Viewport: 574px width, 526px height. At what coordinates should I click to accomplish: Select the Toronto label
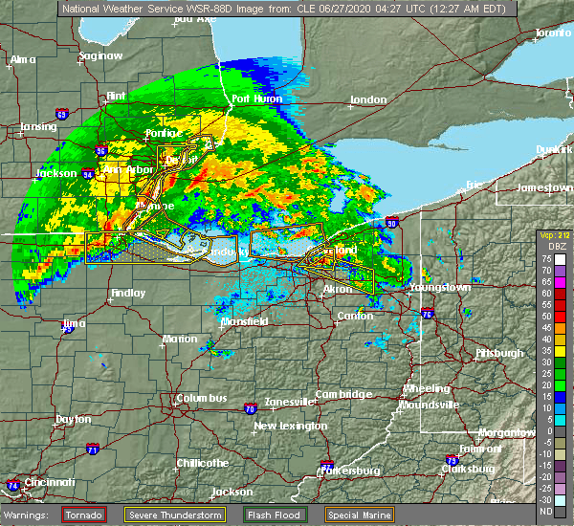tap(552, 33)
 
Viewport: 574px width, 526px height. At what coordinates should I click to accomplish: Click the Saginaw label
tap(100, 55)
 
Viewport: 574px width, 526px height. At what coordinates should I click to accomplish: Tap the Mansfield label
tap(244, 322)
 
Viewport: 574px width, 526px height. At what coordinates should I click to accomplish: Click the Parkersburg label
tap(353, 471)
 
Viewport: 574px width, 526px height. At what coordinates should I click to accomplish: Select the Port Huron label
tap(254, 99)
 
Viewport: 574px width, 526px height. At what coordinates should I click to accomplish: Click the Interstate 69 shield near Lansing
tap(61, 116)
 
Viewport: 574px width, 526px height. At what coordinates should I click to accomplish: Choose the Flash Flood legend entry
tap(275, 514)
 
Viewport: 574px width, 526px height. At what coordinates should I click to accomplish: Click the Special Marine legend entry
tap(359, 514)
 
